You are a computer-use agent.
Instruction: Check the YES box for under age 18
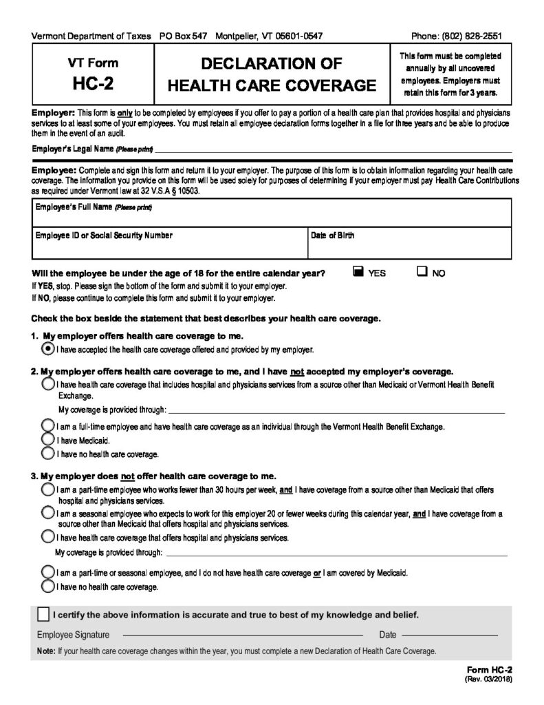(357, 272)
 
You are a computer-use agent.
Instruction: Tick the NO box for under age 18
(422, 272)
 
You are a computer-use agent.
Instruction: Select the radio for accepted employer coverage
(47, 349)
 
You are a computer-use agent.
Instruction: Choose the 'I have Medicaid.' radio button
(47, 439)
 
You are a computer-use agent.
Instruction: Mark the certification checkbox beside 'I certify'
(43, 614)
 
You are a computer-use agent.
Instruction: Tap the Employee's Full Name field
(272, 216)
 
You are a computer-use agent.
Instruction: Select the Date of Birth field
(409, 246)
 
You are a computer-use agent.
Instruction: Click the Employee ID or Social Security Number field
(168, 246)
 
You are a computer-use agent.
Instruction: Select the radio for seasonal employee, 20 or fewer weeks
(47, 514)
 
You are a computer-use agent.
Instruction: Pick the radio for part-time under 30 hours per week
(47, 489)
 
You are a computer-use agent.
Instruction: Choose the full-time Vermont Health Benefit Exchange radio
(47, 426)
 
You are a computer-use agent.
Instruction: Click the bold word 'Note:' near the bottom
(46, 651)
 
